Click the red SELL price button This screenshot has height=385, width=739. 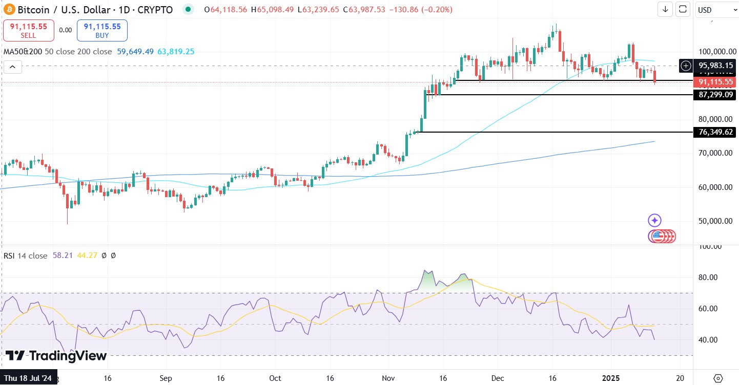point(29,30)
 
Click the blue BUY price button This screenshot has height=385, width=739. point(102,30)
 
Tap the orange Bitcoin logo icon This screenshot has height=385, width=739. point(9,9)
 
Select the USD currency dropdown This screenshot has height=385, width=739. point(715,10)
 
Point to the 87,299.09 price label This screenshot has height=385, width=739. point(716,95)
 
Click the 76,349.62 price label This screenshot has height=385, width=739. point(716,132)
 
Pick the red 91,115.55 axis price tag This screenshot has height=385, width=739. point(716,82)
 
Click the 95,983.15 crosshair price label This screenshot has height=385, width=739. point(716,66)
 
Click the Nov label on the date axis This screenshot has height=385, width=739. point(388,377)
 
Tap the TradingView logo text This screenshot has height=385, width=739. point(56,356)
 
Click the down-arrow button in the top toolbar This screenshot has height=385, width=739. point(665,9)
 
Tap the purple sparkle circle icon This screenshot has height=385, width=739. point(654,221)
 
